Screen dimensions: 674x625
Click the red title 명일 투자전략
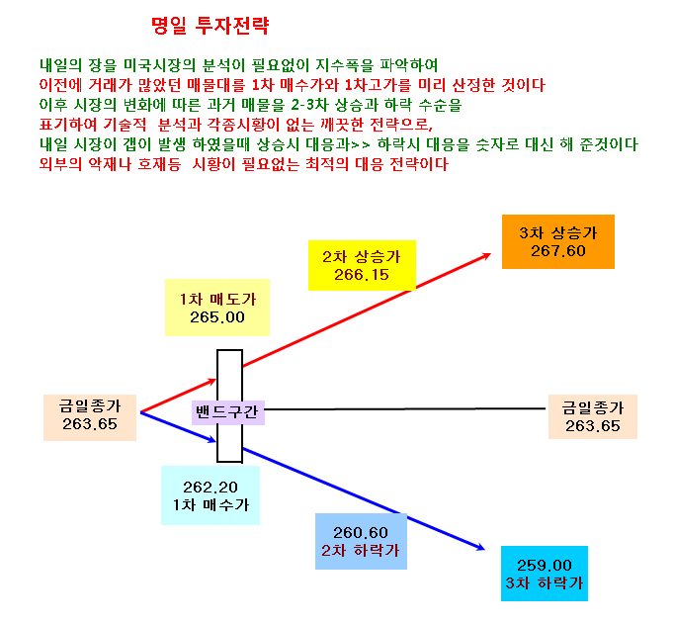pyautogui.click(x=211, y=26)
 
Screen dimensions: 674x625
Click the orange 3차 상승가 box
pyautogui.click(x=558, y=241)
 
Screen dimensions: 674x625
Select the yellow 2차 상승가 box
pyautogui.click(x=362, y=265)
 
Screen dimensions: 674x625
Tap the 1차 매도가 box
pyautogui.click(x=217, y=308)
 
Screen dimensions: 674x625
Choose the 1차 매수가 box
pyautogui.click(x=211, y=495)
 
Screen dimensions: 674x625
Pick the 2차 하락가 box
pyautogui.click(x=361, y=542)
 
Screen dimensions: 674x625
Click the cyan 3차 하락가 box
pyautogui.click(x=545, y=574)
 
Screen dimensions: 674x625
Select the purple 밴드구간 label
pyautogui.click(x=228, y=412)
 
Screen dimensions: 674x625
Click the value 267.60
pyautogui.click(x=558, y=251)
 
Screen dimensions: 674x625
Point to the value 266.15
pyautogui.click(x=362, y=275)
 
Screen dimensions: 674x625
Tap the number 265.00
pyautogui.click(x=217, y=317)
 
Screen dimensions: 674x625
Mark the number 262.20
pyautogui.click(x=211, y=487)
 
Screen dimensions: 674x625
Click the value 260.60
pyautogui.click(x=361, y=532)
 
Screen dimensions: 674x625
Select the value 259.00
pyautogui.click(x=545, y=565)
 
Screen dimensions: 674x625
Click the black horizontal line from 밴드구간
pyautogui.click(x=405, y=408)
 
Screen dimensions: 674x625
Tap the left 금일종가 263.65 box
pyautogui.click(x=90, y=417)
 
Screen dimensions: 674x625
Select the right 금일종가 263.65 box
pyautogui.click(x=593, y=416)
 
